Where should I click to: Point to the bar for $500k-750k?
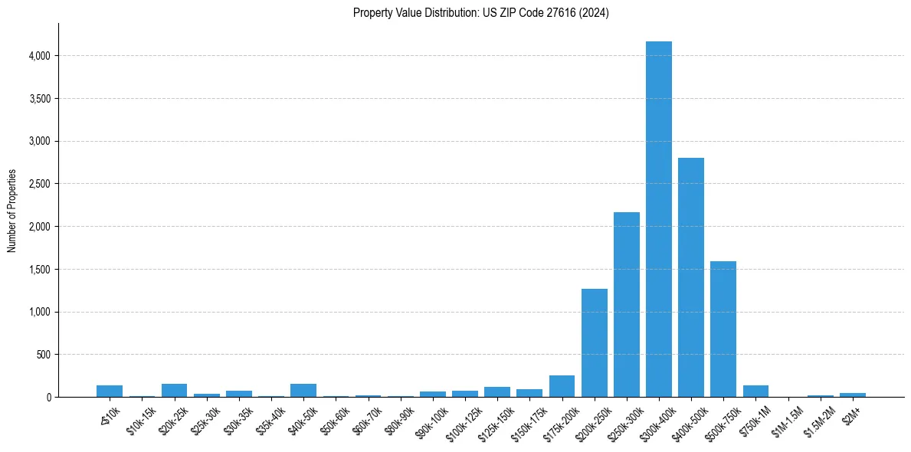(723, 329)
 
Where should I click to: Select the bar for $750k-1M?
(755, 391)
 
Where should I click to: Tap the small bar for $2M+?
(852, 395)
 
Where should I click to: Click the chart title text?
(480, 12)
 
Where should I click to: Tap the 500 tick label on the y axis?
(42, 355)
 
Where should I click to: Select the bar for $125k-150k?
(496, 392)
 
